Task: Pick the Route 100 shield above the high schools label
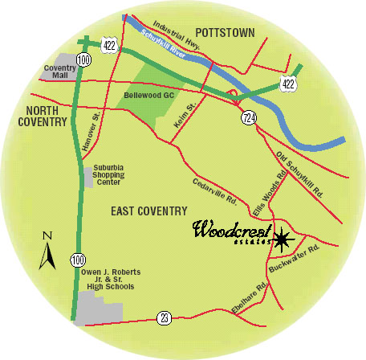point(76,259)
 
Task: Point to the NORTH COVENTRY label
point(40,116)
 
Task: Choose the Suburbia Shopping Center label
point(115,174)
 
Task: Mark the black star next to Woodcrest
point(282,239)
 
